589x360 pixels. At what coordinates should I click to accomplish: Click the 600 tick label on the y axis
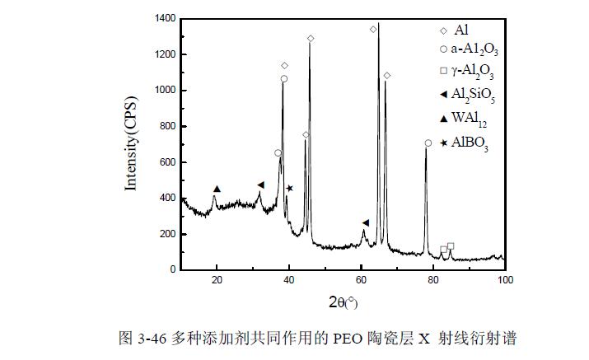[167, 162]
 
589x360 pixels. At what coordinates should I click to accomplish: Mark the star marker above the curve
[290, 189]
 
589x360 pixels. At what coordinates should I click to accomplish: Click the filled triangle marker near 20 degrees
[217, 189]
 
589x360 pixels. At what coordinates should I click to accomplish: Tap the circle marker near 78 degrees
[428, 143]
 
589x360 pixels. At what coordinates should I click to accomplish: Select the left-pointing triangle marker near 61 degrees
[366, 222]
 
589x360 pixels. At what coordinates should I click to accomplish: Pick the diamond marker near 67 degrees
[387, 76]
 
